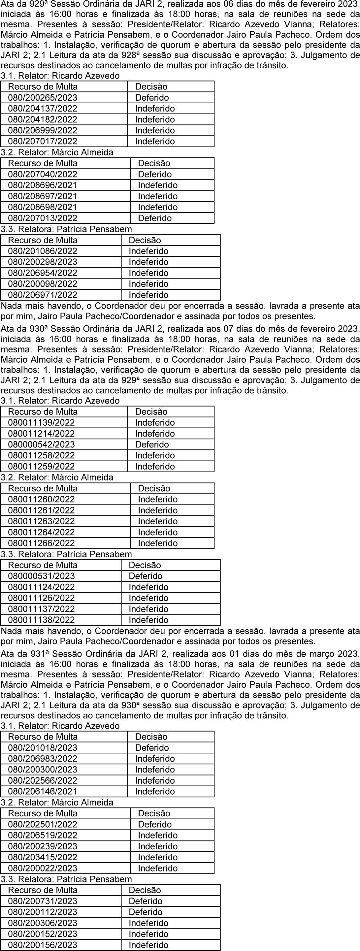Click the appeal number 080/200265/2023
coord(43,98)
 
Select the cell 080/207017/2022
coord(43,141)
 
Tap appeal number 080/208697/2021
coord(43,196)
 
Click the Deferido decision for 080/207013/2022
coord(155,218)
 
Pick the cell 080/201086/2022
coord(43,251)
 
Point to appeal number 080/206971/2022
coord(43,295)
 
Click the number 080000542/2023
coord(41,445)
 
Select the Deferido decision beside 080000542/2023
coord(152,445)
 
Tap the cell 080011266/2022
coord(41,543)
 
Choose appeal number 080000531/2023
coord(41,576)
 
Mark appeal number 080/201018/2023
coord(43,748)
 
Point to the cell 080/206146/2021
coord(43,792)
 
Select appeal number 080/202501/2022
coord(43,824)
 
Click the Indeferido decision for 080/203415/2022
coord(158,857)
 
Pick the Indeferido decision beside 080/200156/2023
coord(148,945)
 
